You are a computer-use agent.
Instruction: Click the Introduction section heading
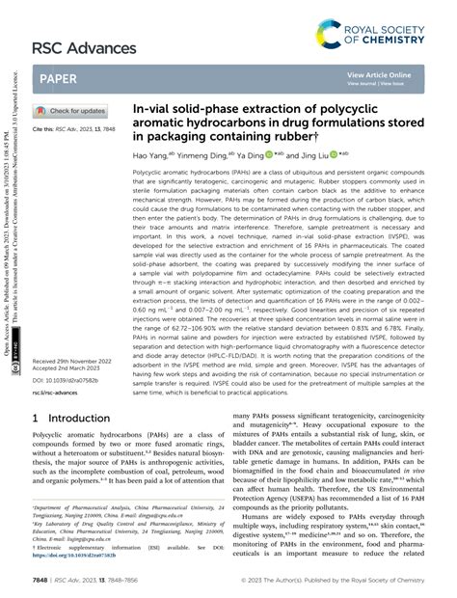[72, 420]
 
